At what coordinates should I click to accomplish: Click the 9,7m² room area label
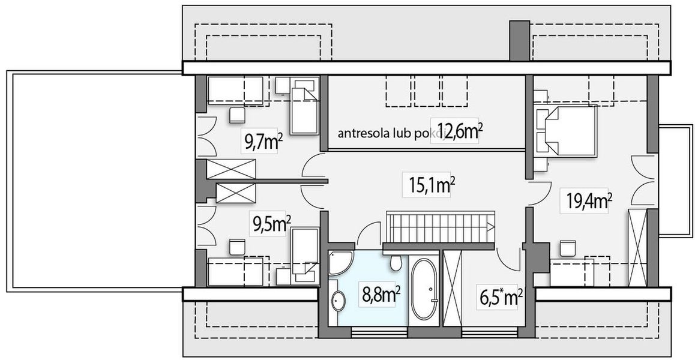pos(263,142)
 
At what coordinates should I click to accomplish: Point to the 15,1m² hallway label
pos(432,185)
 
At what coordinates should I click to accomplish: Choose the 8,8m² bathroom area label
pos(381,295)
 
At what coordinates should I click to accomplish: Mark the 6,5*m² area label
pos(500,297)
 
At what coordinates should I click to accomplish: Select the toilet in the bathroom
pos(396,263)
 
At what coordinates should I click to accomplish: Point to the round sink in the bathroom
pos(338,301)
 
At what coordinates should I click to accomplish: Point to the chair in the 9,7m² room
pos(238,114)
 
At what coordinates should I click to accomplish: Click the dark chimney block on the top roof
pos(519,40)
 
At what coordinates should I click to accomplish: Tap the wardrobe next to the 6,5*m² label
pos(452,289)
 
